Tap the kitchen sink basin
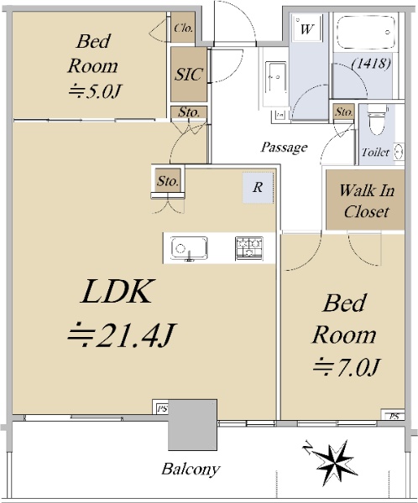[189, 247]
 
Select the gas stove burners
[249, 248]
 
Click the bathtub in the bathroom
[367, 32]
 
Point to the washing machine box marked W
[308, 29]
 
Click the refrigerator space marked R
[258, 187]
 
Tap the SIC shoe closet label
[189, 75]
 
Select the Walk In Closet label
[366, 201]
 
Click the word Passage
[284, 148]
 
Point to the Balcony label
[191, 469]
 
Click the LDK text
[117, 292]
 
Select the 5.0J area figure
[94, 91]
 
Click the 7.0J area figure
[347, 367]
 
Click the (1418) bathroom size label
[371, 63]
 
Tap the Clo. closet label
[183, 29]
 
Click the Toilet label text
[376, 152]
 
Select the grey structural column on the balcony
[192, 425]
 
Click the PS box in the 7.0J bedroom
[394, 416]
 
